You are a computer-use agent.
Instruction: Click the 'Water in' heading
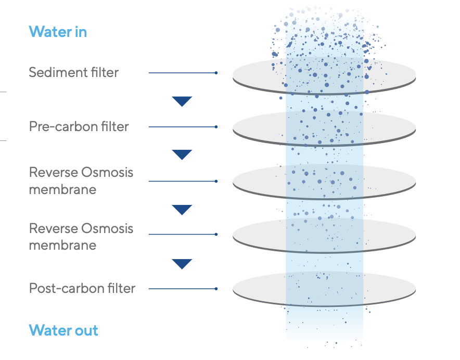pyautogui.click(x=58, y=32)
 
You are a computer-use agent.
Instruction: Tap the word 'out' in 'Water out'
pyautogui.click(x=86, y=330)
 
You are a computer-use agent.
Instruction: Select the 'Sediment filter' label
pyautogui.click(x=74, y=72)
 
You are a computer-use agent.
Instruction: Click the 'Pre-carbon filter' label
pyautogui.click(x=79, y=126)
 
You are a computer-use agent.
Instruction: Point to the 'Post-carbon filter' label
pyautogui.click(x=82, y=288)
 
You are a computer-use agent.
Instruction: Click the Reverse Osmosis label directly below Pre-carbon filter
pyautogui.click(x=81, y=181)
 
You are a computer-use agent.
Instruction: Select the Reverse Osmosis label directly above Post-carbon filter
pyautogui.click(x=81, y=237)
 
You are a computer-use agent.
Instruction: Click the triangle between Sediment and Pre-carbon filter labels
pyautogui.click(x=182, y=101)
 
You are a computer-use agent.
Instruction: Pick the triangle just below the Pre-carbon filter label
pyautogui.click(x=182, y=155)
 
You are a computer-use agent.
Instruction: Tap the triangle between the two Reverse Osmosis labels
pyautogui.click(x=182, y=210)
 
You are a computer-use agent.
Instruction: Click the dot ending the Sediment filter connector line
pyautogui.click(x=216, y=73)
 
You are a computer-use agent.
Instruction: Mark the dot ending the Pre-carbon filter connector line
pyautogui.click(x=216, y=127)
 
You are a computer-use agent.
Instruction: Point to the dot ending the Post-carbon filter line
pyautogui.click(x=216, y=289)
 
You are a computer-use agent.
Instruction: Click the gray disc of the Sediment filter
pyautogui.click(x=324, y=76)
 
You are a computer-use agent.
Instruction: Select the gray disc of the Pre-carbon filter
pyautogui.click(x=324, y=128)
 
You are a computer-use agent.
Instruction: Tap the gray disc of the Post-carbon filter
pyautogui.click(x=324, y=289)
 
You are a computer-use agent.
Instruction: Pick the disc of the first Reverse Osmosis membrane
pyautogui.click(x=324, y=182)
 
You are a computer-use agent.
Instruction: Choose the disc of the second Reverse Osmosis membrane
pyautogui.click(x=324, y=235)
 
